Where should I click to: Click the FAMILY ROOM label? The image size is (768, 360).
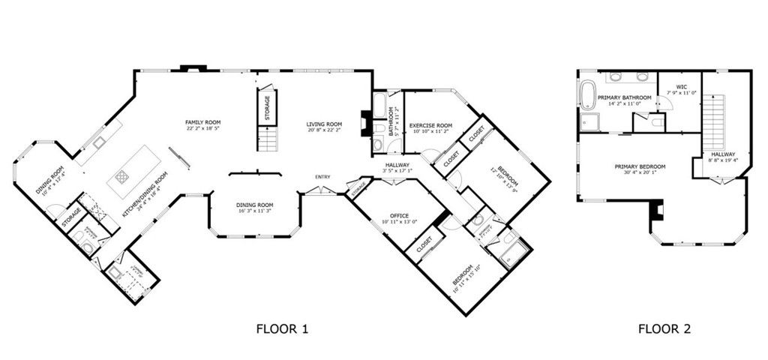pos(203,121)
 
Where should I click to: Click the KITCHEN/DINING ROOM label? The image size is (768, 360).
pos(145,194)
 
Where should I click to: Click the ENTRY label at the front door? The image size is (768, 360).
pos(322,177)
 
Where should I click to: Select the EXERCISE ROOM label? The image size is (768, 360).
pos(430,124)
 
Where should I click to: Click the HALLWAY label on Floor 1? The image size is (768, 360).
pos(397,165)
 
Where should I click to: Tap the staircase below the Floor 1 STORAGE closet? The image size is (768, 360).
pos(266,139)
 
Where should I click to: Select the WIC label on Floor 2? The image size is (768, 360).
pos(681,87)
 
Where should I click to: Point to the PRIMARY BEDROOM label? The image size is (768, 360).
pos(640,166)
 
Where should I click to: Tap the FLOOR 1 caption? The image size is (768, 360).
pos(282,328)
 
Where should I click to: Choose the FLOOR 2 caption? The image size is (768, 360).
pos(664,328)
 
